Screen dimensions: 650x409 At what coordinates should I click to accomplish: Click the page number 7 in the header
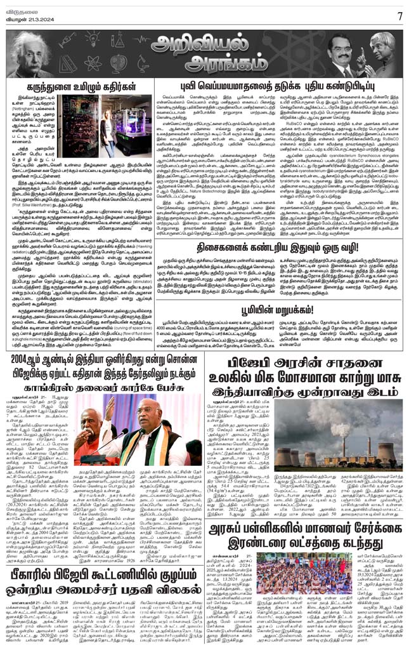[399, 15]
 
